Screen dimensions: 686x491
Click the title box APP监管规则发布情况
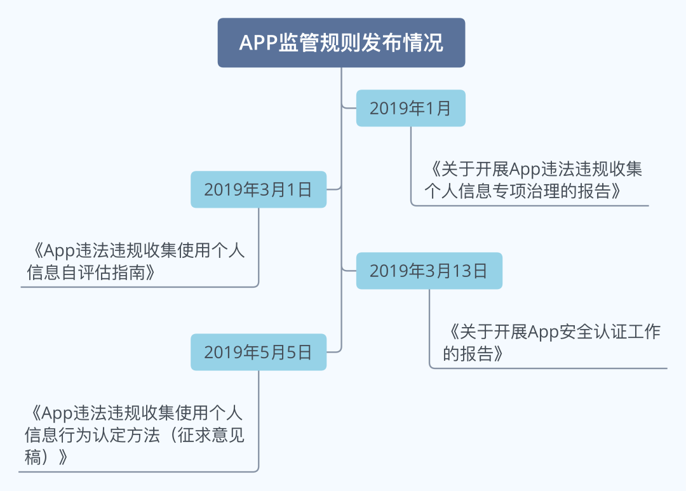click(341, 43)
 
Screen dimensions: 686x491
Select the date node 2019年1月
click(411, 108)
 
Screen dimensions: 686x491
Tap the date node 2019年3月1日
click(259, 189)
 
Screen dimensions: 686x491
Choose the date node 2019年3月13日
click(429, 271)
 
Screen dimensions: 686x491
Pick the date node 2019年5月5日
click(259, 353)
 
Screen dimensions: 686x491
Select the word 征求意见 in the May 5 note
click(211, 435)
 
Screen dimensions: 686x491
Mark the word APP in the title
click(259, 43)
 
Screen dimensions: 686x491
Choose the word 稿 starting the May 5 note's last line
click(33, 457)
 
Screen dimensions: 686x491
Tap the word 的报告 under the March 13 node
click(468, 354)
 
